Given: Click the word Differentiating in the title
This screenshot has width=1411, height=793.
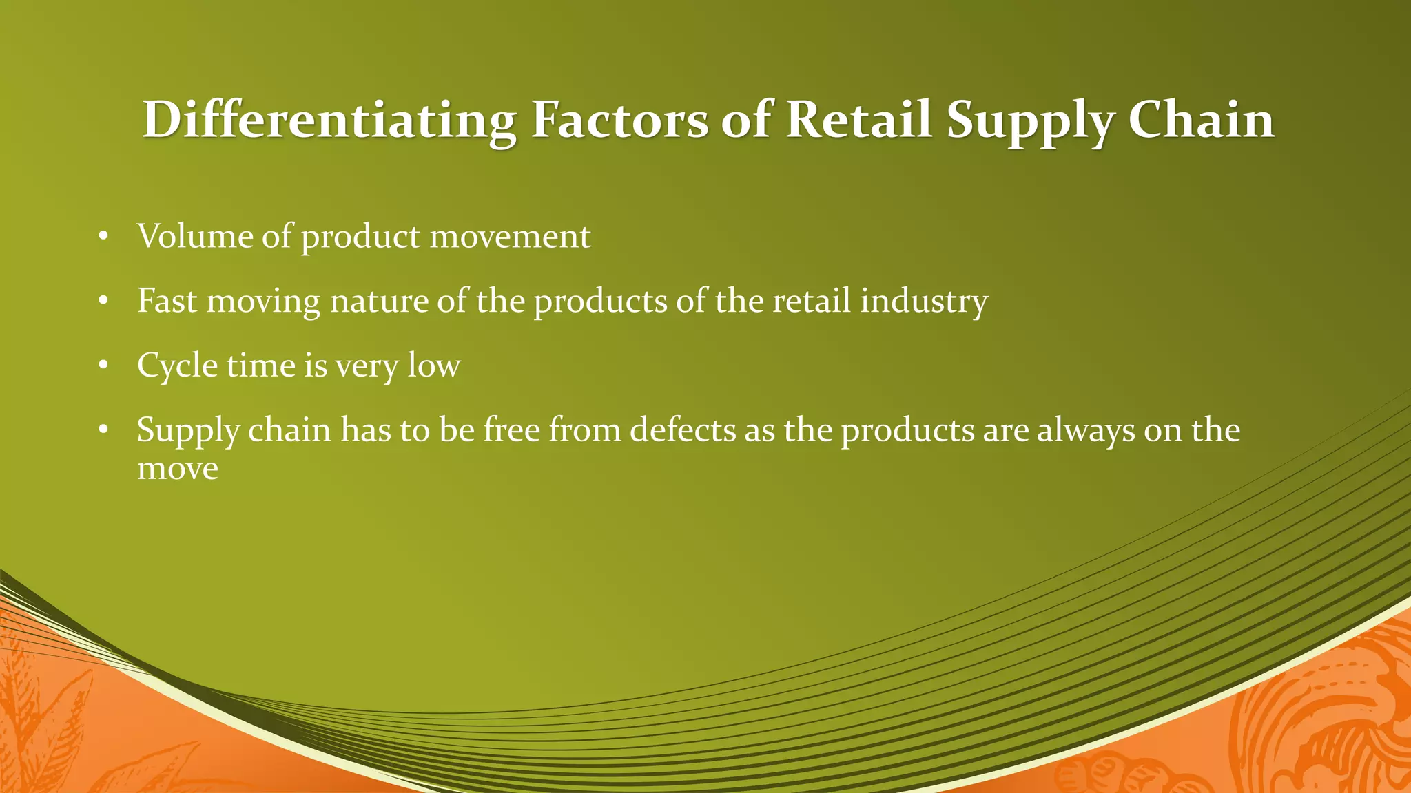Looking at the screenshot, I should click(329, 120).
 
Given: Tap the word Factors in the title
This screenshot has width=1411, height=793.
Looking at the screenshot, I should click(619, 120).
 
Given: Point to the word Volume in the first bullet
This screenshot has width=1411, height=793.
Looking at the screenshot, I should click(195, 237).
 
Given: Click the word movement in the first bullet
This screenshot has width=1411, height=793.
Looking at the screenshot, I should click(510, 237).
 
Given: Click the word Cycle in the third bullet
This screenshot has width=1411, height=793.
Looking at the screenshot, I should click(177, 366).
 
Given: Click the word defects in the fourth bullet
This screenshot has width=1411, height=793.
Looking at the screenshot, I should click(682, 430).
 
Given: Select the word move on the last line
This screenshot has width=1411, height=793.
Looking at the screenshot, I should click(177, 469).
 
